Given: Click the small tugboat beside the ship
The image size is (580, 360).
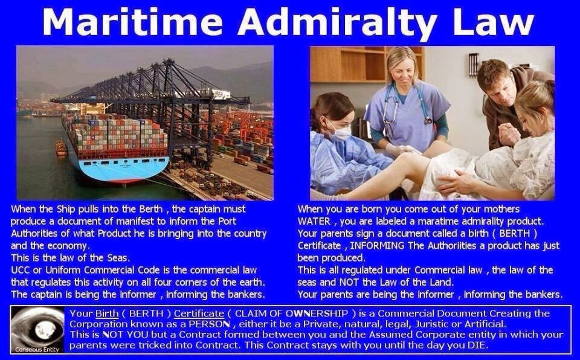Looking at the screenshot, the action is (61, 147).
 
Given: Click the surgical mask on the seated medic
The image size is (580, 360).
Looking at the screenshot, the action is (340, 132).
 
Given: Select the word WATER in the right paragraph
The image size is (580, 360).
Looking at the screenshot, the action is (314, 221).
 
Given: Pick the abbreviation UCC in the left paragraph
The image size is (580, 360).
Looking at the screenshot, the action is (21, 270).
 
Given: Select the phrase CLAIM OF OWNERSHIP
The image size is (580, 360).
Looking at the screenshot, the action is (291, 313).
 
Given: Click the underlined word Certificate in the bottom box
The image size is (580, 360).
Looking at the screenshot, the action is (199, 313).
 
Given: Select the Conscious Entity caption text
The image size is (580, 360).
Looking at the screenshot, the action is (37, 349).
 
